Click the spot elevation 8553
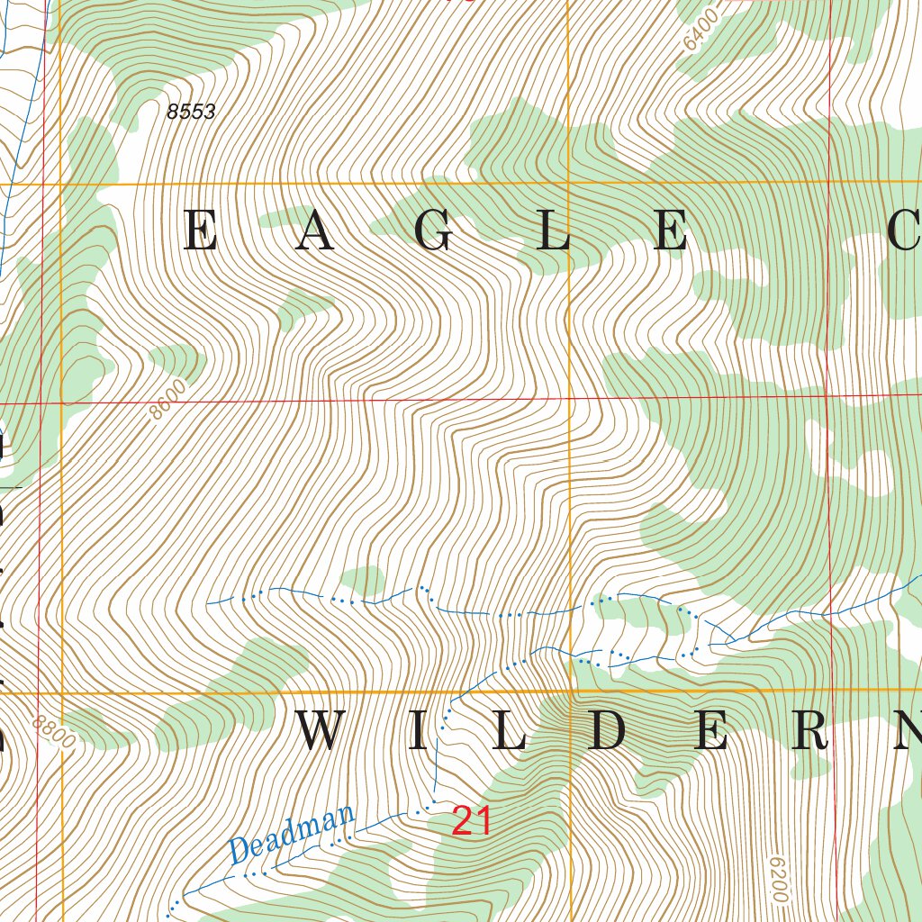(191, 112)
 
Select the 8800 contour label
(52, 735)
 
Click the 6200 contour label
(780, 877)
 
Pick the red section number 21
(471, 821)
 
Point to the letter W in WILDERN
(322, 731)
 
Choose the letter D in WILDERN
(608, 731)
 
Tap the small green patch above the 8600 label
(176, 360)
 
